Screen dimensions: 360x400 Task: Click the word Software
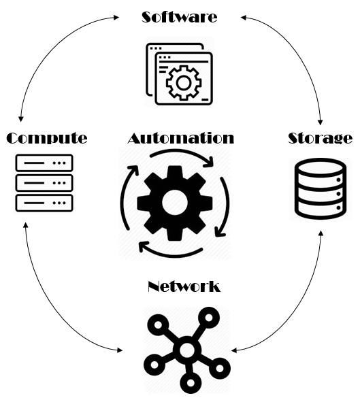(x=180, y=17)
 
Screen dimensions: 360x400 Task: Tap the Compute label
(x=47, y=138)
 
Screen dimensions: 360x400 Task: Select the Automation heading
(x=180, y=138)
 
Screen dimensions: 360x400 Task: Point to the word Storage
(x=321, y=138)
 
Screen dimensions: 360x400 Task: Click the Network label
(x=184, y=286)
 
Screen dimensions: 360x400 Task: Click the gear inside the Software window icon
(x=184, y=83)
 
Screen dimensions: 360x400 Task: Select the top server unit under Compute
(x=44, y=163)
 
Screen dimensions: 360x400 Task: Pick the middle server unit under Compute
(x=44, y=183)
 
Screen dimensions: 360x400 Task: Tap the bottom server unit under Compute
(x=44, y=203)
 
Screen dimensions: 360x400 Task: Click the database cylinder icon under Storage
(x=321, y=188)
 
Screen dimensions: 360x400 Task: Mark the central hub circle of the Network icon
(x=187, y=350)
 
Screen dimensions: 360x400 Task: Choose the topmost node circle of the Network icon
(x=209, y=318)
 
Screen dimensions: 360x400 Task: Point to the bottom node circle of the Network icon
(x=191, y=382)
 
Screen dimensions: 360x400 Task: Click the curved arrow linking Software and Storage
(x=297, y=48)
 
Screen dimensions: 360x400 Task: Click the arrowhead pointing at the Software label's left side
(x=116, y=18)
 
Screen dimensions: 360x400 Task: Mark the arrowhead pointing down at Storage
(x=321, y=122)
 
